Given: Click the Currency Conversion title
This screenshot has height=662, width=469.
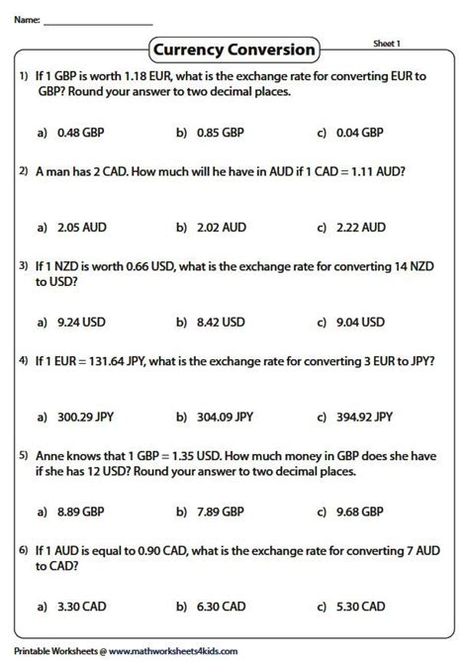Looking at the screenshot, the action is (x=234, y=48).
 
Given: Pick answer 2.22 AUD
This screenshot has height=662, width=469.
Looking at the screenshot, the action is (x=359, y=228).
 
